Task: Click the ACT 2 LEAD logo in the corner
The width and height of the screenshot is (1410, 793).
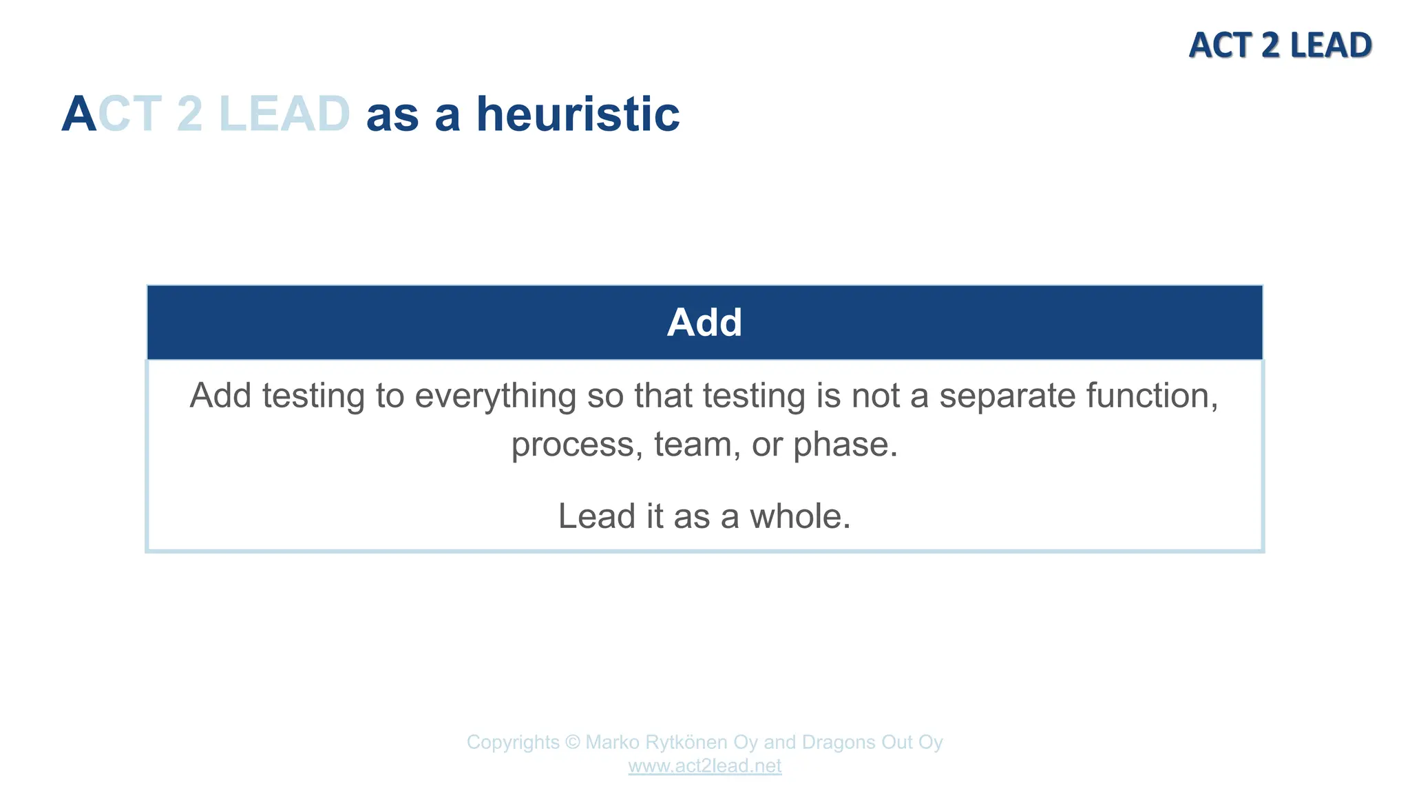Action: point(1280,45)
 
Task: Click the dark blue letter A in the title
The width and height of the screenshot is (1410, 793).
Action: point(78,114)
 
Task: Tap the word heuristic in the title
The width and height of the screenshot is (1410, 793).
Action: point(578,114)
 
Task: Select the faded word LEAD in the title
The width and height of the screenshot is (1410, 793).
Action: point(284,114)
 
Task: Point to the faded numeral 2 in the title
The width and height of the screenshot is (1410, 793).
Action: point(189,114)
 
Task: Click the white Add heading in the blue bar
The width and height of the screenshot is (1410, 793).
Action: point(704,322)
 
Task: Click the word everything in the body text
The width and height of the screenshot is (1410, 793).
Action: point(496,396)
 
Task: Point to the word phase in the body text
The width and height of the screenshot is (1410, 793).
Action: point(845,445)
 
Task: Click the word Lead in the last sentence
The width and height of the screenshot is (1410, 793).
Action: point(596,516)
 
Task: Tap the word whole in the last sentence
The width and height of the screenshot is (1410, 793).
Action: point(799,516)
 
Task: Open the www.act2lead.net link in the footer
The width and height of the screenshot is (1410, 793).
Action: point(704,766)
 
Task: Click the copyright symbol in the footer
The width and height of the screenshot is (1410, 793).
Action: point(572,743)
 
